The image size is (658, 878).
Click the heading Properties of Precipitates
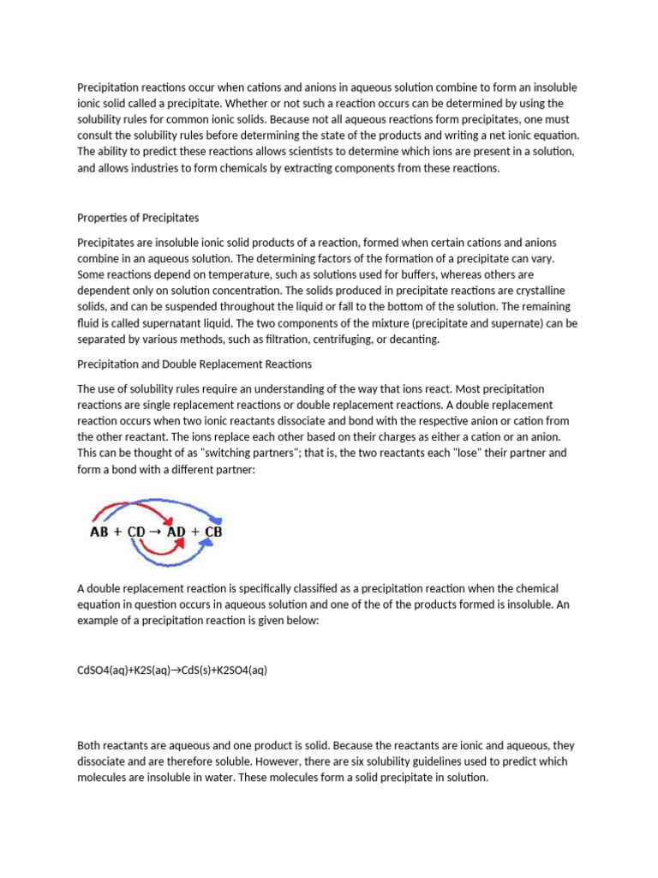coord(138,217)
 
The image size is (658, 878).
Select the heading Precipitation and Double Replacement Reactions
coord(194,364)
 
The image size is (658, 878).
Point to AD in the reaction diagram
coord(176,532)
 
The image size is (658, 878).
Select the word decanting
coord(413,340)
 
